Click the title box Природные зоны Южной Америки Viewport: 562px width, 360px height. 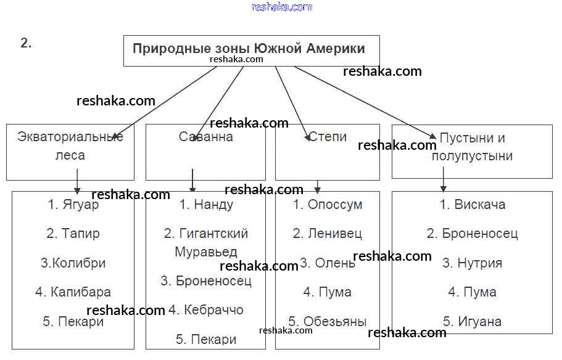pyautogui.click(x=249, y=49)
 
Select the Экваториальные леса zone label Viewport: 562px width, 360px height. pyautogui.click(x=70, y=146)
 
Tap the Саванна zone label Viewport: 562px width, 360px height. pyautogui.click(x=206, y=137)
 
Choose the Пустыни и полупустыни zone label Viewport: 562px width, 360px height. pyautogui.click(x=472, y=147)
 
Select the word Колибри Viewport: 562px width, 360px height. pyautogui.click(x=78, y=263)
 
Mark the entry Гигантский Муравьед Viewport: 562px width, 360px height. pyautogui.click(x=206, y=243)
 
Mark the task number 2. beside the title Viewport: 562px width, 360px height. pyautogui.click(x=26, y=43)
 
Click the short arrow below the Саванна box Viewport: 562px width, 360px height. pyautogui.click(x=192, y=181)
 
